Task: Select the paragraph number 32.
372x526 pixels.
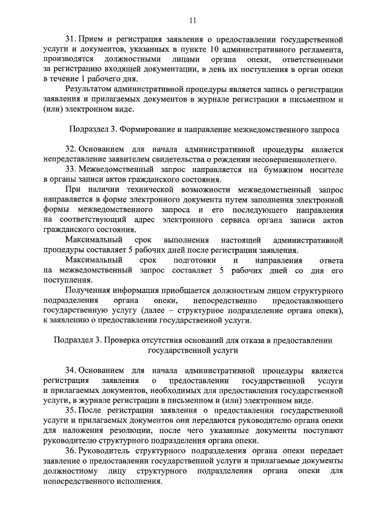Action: point(70,149)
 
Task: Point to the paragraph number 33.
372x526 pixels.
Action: point(70,169)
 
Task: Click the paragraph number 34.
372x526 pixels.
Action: point(70,370)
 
